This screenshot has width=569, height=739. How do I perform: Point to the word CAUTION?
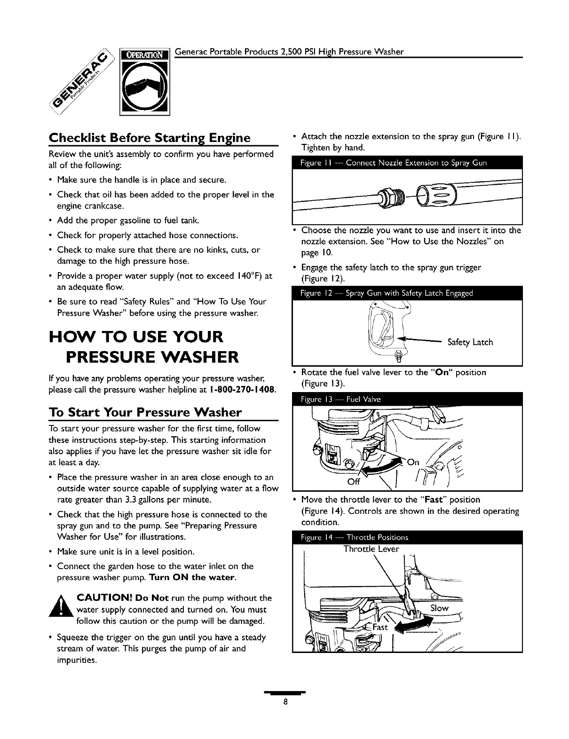(102, 598)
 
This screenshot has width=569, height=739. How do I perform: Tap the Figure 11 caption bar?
(407, 163)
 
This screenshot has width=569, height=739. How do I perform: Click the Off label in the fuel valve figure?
(353, 482)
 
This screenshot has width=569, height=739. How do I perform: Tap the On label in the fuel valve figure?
(413, 462)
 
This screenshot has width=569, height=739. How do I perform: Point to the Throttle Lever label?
(371, 549)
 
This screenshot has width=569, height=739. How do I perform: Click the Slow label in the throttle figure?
(439, 608)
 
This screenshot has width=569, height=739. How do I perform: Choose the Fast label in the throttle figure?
(379, 627)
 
